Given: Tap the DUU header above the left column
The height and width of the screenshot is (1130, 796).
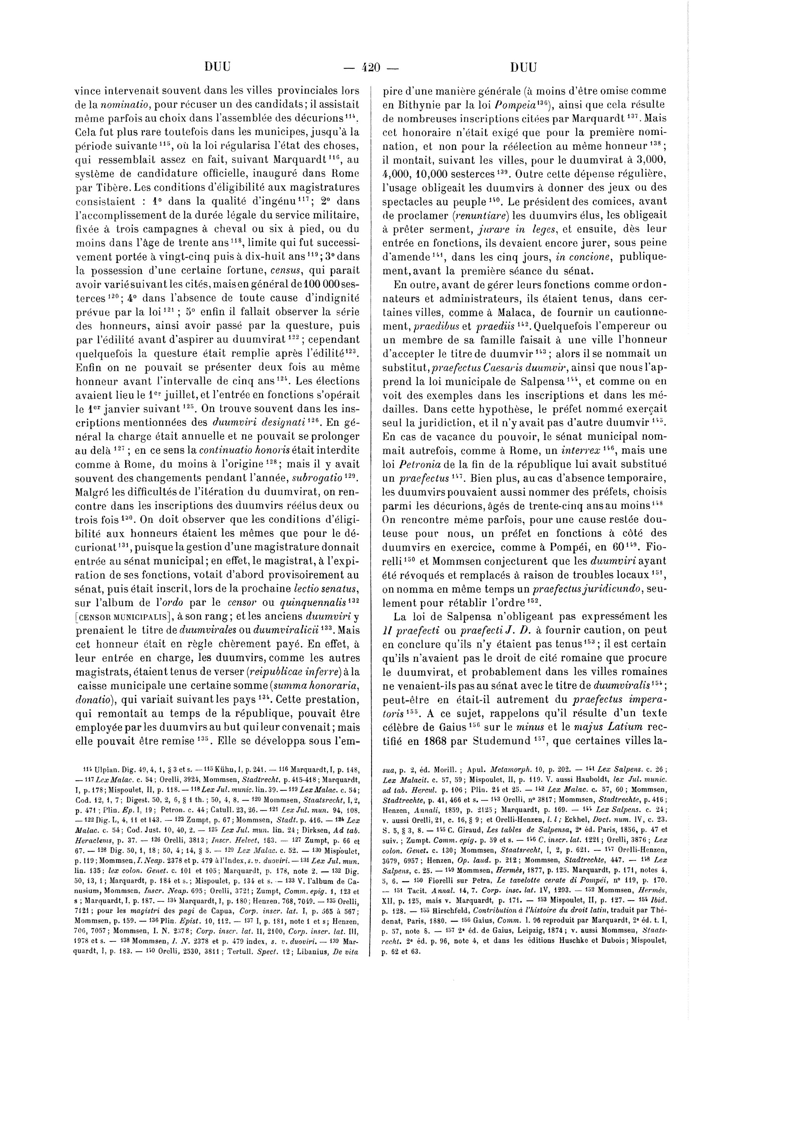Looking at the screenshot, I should [x=217, y=67].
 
